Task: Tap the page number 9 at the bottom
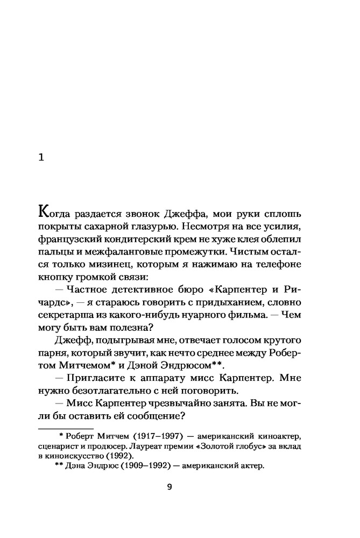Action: pos(169,487)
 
